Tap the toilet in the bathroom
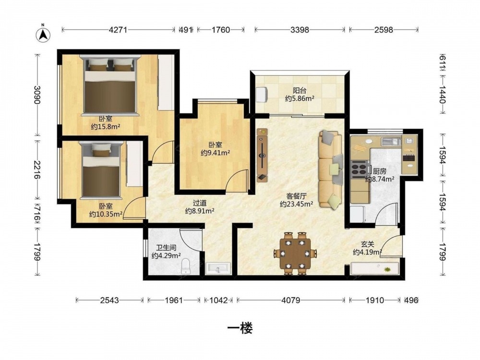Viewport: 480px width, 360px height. point(186,266)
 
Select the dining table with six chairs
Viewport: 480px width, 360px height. point(295,253)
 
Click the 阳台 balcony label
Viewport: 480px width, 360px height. point(300,91)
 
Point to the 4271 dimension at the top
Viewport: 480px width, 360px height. point(118,30)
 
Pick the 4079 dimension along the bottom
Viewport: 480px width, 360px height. point(291,300)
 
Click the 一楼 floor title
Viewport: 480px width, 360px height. point(240,328)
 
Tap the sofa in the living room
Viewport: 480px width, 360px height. point(331,169)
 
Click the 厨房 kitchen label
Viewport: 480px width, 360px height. point(380,171)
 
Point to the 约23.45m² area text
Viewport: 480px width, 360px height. point(296,204)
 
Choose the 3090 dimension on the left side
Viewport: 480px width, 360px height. point(37,95)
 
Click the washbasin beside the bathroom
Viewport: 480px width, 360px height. point(218,268)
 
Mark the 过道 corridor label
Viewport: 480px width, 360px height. point(200,203)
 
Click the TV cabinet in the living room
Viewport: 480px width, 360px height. point(263,155)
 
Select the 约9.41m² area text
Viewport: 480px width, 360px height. point(216,153)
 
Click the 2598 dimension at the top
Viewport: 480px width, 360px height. point(384,30)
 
